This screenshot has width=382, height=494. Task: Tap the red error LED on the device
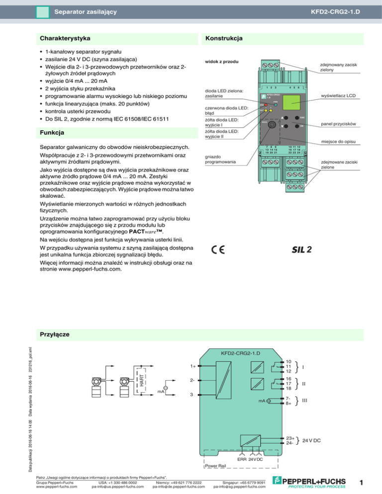pos(266,105)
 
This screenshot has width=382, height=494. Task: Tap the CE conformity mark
pos(218,249)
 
